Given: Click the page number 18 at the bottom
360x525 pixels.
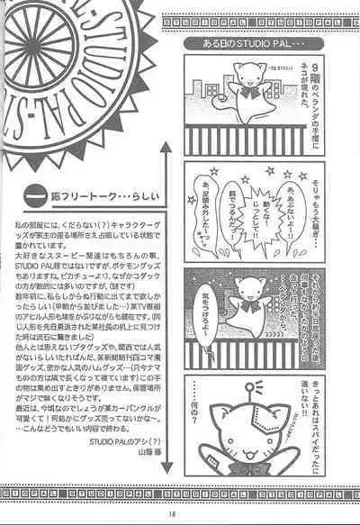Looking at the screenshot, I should coord(180,515).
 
